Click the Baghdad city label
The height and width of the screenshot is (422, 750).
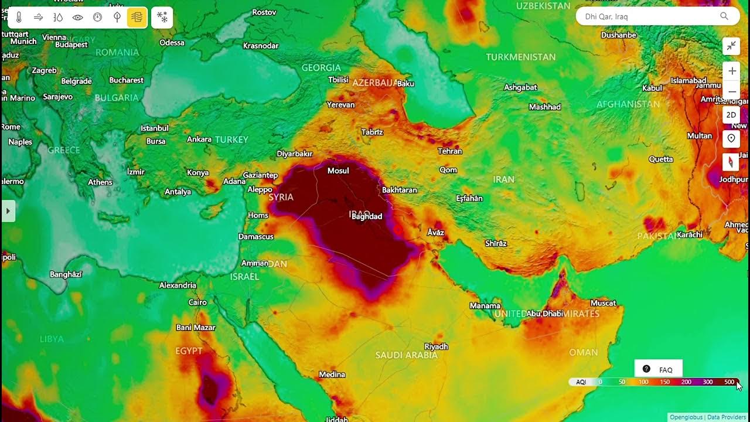coord(367,216)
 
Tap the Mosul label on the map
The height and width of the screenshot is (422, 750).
coord(338,171)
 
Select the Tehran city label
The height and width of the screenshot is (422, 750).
coord(450,151)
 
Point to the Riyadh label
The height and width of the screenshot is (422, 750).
coord(436,346)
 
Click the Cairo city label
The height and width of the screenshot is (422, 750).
coord(197,302)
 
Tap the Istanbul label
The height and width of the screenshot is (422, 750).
coord(155,128)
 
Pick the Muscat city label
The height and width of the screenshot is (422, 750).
coord(603,303)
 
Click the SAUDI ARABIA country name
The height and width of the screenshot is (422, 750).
coord(406,355)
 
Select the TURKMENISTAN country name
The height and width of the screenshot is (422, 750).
coord(520,57)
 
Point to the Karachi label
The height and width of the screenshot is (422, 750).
coord(689,234)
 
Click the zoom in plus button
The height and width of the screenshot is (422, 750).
coord(732,72)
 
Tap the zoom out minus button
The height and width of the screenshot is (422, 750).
coord(732,91)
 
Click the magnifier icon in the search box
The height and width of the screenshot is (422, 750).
coord(724,16)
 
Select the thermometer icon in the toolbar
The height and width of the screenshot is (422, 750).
coord(19,18)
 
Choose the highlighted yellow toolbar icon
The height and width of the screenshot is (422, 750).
coord(137,18)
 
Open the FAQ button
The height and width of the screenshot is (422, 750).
coord(659,369)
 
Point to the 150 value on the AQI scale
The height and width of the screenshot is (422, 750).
coord(664,382)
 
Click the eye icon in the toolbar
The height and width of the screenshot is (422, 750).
coord(77,18)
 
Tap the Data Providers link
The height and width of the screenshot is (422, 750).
coord(727,417)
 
